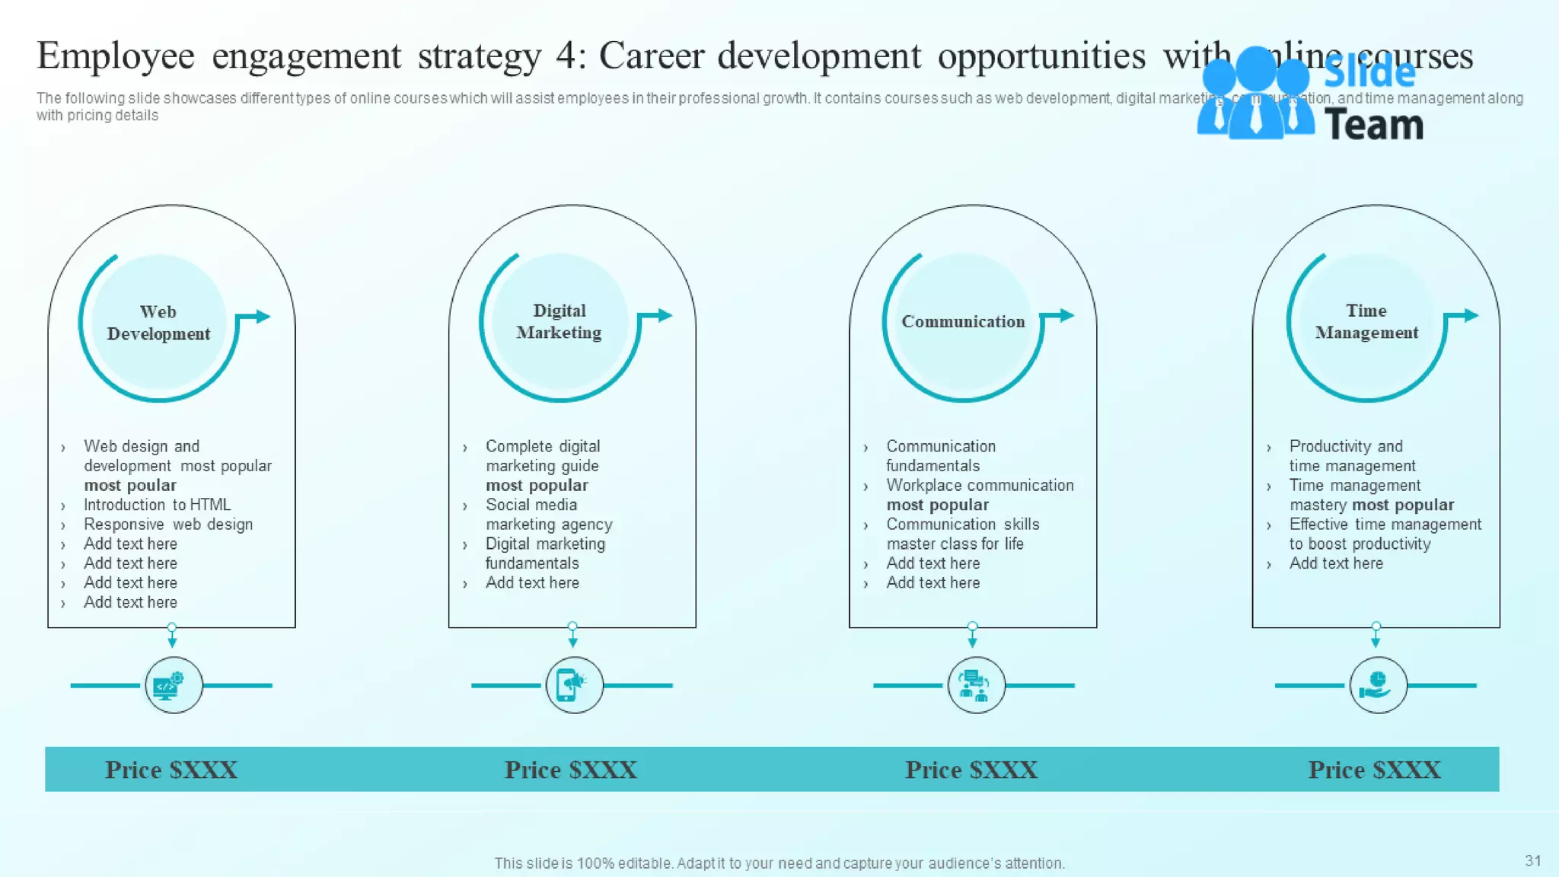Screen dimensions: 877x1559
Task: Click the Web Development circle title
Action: point(158,323)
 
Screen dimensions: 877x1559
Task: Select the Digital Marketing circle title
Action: point(559,321)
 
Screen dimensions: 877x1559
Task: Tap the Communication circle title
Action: point(963,321)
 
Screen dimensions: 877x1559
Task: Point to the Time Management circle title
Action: point(1366,321)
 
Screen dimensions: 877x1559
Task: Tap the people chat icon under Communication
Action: point(975,685)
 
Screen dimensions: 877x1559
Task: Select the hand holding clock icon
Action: point(1377,685)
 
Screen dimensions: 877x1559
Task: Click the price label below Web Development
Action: point(171,770)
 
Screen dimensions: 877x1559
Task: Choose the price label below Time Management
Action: point(1374,770)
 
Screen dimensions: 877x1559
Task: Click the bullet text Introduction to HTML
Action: point(157,505)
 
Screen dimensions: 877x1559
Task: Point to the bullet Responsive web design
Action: point(167,525)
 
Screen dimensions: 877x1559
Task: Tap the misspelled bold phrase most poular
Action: point(130,486)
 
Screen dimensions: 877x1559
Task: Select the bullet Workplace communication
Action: point(980,486)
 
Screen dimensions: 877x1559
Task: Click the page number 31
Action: point(1532,860)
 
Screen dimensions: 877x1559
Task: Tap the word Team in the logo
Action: point(1374,125)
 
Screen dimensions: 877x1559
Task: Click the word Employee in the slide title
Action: point(116,56)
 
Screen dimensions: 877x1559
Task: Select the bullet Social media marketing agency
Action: point(548,515)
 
